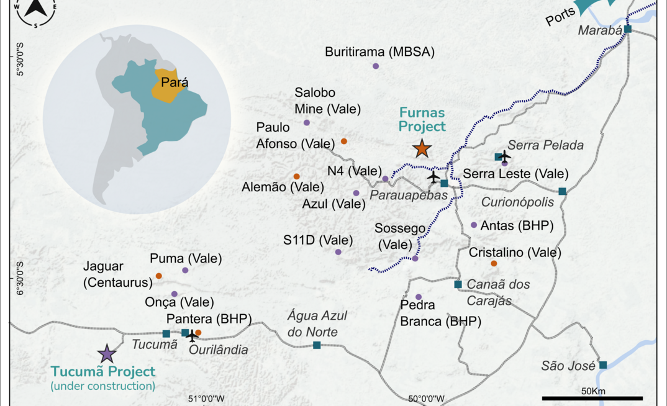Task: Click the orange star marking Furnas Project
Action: click(422, 148)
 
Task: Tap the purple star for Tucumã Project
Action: click(107, 354)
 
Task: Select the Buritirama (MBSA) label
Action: click(379, 52)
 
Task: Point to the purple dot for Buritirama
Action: click(376, 66)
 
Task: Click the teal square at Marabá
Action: click(628, 29)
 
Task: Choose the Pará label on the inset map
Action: click(175, 82)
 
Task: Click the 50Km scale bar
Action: click(592, 398)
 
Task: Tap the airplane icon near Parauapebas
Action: click(433, 178)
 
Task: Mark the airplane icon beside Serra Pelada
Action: click(504, 155)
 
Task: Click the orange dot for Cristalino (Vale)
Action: click(494, 264)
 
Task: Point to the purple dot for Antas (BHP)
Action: click(474, 225)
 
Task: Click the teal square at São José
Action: click(602, 365)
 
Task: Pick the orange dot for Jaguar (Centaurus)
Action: click(159, 276)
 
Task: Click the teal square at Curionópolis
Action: click(562, 191)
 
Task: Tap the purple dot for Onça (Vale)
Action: click(175, 294)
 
